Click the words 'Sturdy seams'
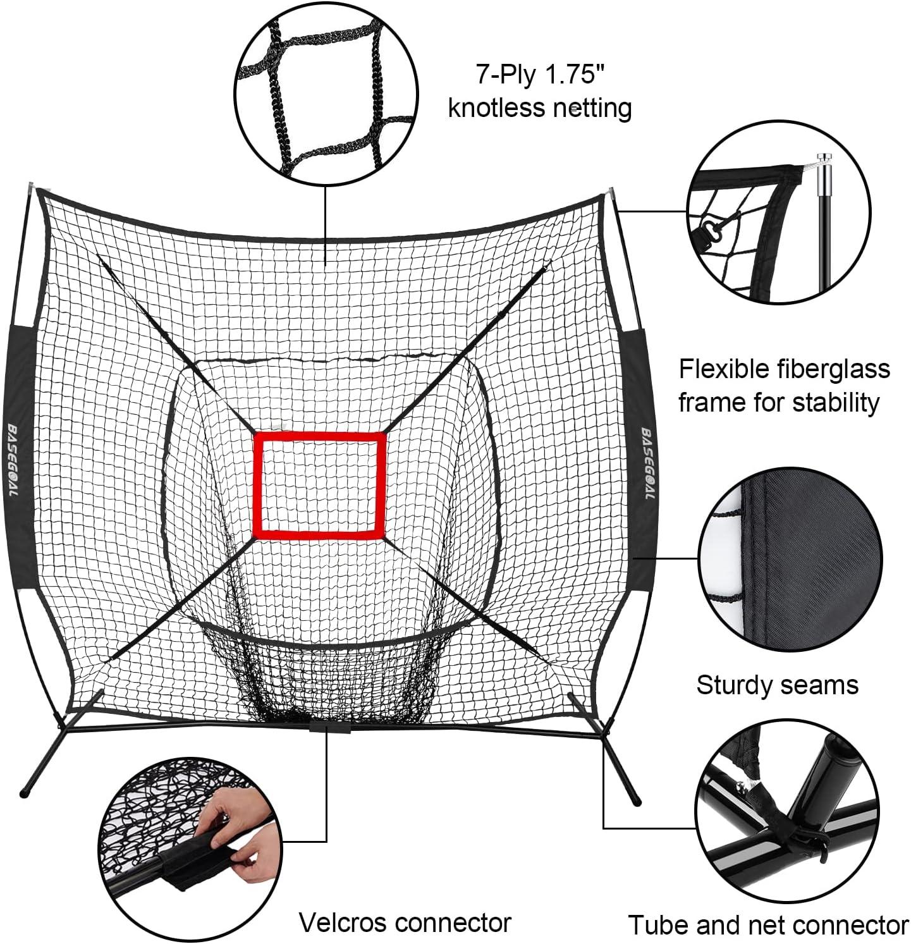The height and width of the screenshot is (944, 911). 777,685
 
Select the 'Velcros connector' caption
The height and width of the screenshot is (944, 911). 405,923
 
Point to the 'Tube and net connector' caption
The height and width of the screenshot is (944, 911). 768,925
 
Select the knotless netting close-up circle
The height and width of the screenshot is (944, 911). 326,95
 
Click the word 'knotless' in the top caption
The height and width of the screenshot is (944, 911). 491,107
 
